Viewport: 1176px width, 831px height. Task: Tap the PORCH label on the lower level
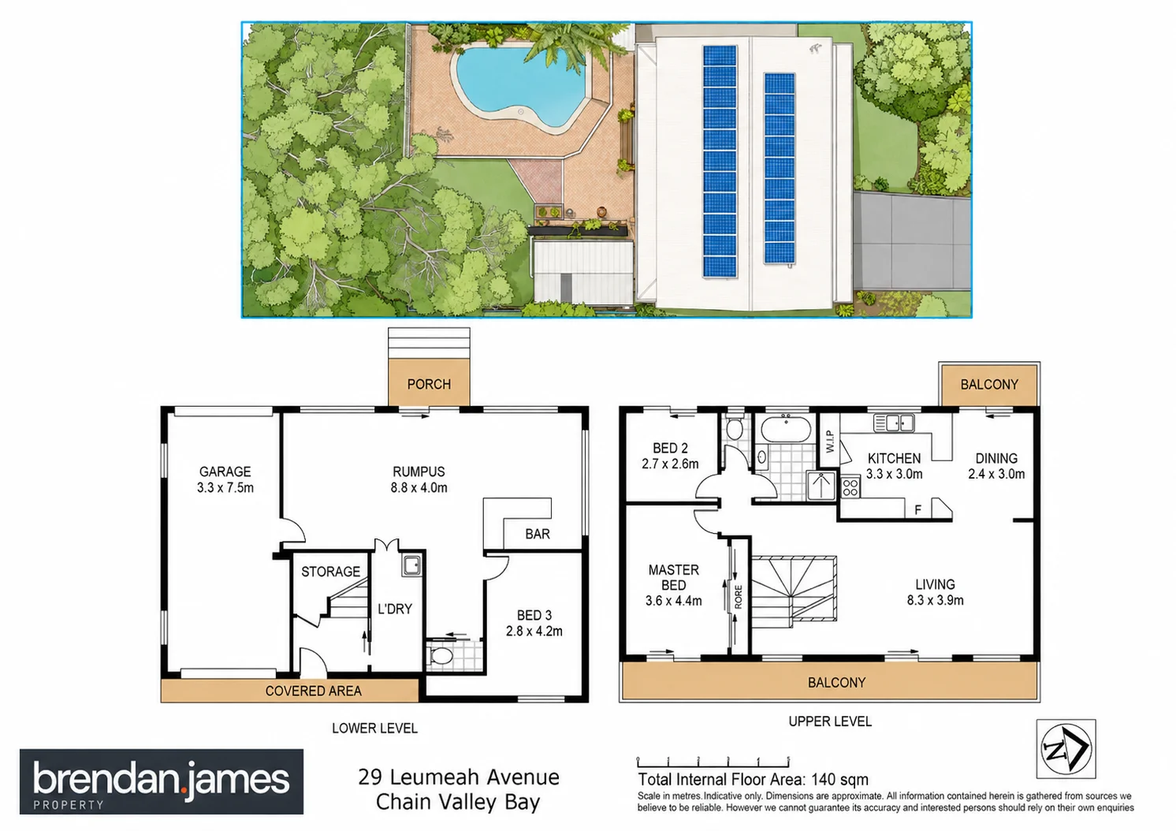(429, 384)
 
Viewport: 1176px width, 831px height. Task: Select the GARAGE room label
(225, 471)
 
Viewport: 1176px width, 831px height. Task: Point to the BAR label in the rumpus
(538, 534)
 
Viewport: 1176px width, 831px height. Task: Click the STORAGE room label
(331, 572)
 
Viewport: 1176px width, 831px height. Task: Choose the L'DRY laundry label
(395, 609)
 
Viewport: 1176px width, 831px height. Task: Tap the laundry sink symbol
(411, 565)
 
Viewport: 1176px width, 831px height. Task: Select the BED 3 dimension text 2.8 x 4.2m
(534, 631)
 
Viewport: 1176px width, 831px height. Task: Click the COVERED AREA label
(314, 691)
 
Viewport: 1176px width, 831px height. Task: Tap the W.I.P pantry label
(829, 442)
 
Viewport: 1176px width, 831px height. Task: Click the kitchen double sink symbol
(894, 423)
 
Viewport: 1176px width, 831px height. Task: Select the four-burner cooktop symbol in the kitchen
(851, 487)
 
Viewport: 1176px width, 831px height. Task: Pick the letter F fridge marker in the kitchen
(917, 509)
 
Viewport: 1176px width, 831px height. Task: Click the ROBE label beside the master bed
(739, 597)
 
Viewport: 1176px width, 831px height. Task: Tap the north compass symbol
(1066, 748)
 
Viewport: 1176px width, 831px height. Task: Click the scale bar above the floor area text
(713, 762)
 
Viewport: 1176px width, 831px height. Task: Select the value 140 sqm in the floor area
(839, 780)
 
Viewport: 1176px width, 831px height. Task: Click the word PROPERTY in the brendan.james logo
(69, 804)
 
